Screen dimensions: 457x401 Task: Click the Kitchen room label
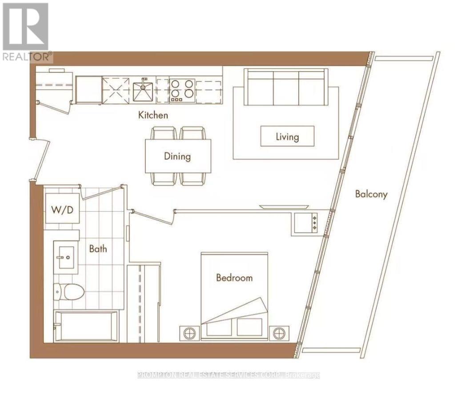click(153, 115)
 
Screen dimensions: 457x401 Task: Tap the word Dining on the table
click(177, 156)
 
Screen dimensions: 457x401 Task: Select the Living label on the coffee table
click(287, 136)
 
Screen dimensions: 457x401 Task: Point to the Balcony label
click(371, 194)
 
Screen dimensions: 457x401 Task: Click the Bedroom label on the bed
click(234, 277)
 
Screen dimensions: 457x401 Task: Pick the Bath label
click(98, 249)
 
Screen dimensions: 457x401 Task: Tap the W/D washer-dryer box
click(62, 209)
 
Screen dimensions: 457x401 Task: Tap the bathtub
click(86, 326)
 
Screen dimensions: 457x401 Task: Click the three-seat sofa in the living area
click(286, 87)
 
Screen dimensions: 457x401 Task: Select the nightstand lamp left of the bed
click(189, 333)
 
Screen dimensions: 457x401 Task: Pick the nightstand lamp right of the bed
click(279, 333)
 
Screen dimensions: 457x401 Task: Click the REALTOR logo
click(27, 32)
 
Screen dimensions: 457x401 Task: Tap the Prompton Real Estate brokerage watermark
click(228, 375)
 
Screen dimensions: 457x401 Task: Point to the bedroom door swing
click(153, 217)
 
